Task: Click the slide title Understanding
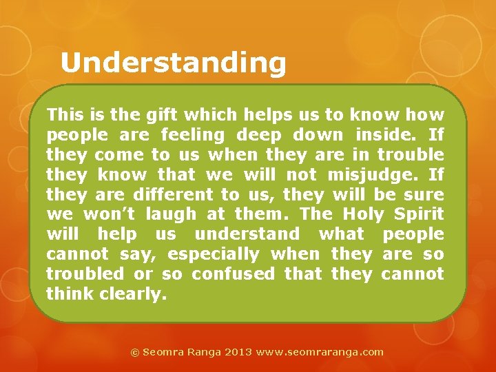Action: tap(173, 63)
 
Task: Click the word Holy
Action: tap(364, 214)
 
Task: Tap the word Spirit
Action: tap(420, 214)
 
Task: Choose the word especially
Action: tap(214, 254)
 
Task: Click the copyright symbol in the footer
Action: tap(135, 352)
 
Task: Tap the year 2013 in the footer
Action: tap(238, 352)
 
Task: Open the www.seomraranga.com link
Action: tap(320, 352)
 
